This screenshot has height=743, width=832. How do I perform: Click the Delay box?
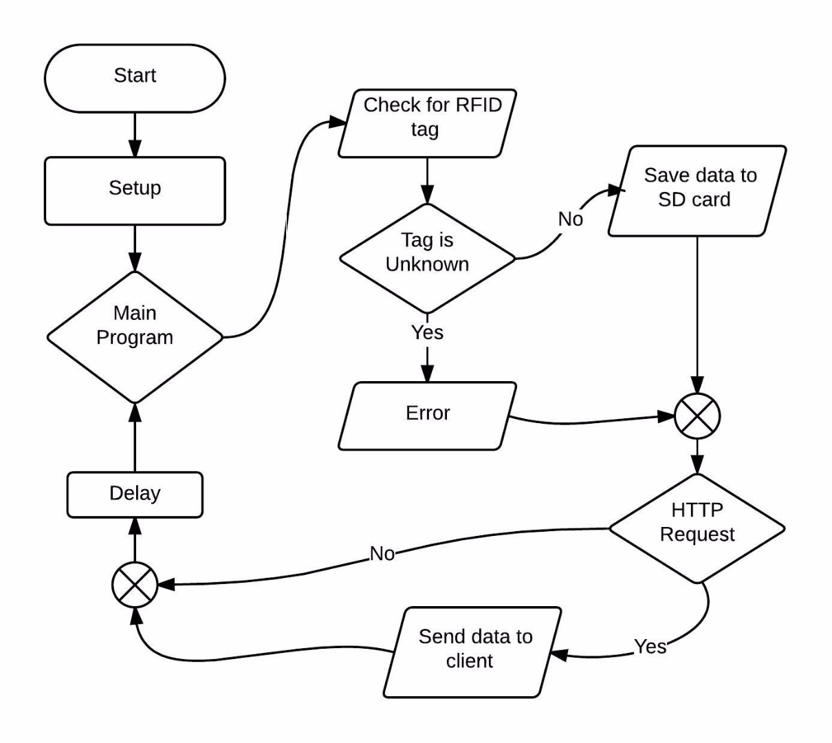click(135, 494)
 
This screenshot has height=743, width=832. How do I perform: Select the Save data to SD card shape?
click(697, 191)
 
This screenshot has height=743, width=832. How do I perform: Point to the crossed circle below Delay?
click(135, 585)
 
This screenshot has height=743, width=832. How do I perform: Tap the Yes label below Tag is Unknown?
click(427, 332)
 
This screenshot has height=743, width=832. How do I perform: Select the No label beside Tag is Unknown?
click(570, 219)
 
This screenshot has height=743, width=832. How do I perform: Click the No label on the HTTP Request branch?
click(382, 553)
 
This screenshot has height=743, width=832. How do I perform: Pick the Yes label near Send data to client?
click(650, 646)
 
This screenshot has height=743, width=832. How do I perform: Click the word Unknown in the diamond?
click(427, 265)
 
